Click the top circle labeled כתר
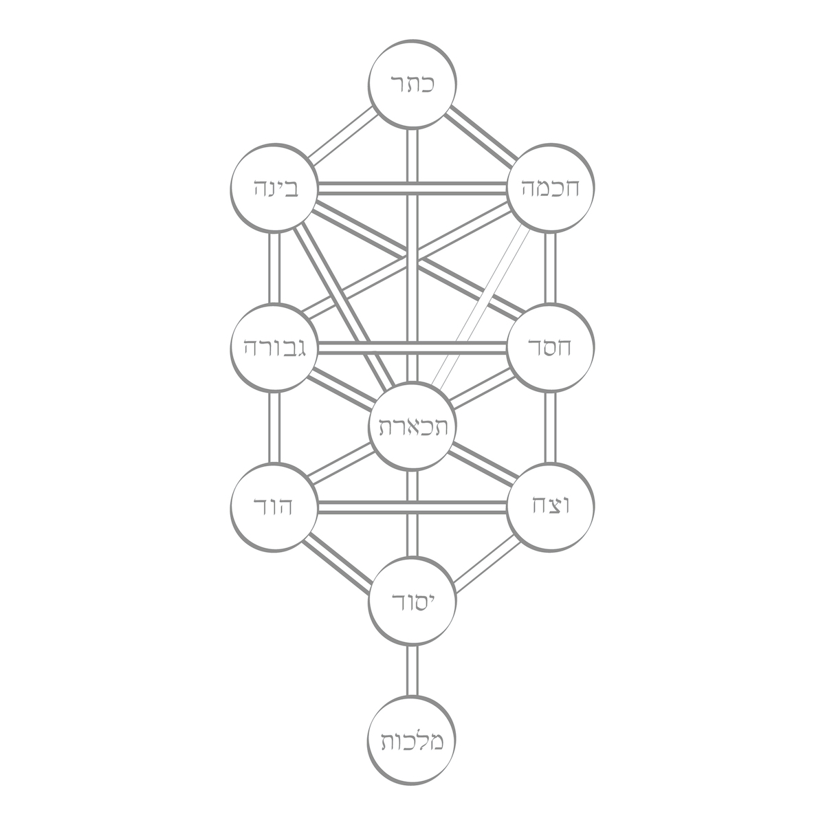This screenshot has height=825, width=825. [411, 85]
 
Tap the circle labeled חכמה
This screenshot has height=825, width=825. [548, 187]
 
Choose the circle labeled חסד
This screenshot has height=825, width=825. [548, 348]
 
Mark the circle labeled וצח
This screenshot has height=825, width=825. [548, 507]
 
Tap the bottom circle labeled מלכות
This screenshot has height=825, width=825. [411, 741]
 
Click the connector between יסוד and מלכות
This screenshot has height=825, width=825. [411, 671]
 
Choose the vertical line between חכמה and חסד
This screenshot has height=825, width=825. [549, 267]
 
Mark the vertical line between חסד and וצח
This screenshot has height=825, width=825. [549, 428]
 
